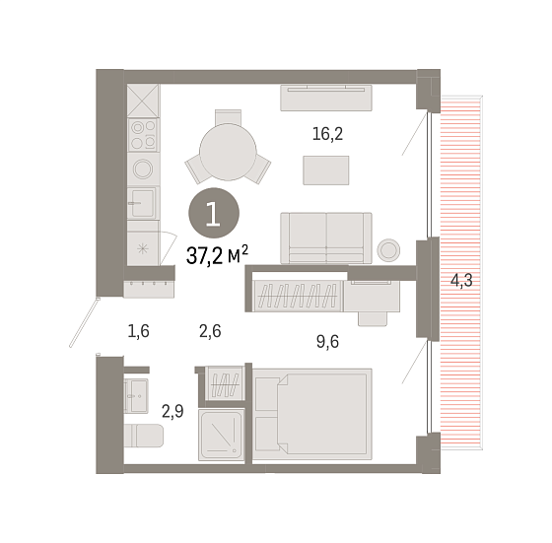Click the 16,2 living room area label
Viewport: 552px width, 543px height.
click(327, 134)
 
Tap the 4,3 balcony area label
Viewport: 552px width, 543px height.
click(461, 281)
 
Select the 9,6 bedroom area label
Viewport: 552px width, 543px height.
click(327, 342)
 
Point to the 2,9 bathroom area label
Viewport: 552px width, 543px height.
click(172, 411)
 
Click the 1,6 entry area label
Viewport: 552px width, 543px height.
click(138, 331)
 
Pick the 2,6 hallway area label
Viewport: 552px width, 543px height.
click(210, 331)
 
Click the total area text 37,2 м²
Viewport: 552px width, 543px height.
click(217, 254)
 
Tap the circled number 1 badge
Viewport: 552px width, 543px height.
click(214, 213)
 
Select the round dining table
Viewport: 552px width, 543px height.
click(228, 152)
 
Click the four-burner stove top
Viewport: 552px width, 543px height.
click(144, 134)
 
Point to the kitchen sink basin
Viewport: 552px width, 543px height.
click(143, 203)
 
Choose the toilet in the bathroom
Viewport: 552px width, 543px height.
click(144, 436)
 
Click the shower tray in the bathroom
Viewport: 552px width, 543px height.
click(222, 435)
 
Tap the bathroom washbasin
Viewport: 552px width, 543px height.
click(136, 395)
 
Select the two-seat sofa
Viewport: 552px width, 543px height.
click(326, 238)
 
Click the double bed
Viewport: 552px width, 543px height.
click(312, 414)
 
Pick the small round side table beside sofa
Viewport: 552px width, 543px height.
click(388, 250)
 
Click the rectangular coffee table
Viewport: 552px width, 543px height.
click(326, 170)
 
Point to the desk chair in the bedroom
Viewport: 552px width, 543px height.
click(373, 319)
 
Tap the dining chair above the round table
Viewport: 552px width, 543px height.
click(228, 117)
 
